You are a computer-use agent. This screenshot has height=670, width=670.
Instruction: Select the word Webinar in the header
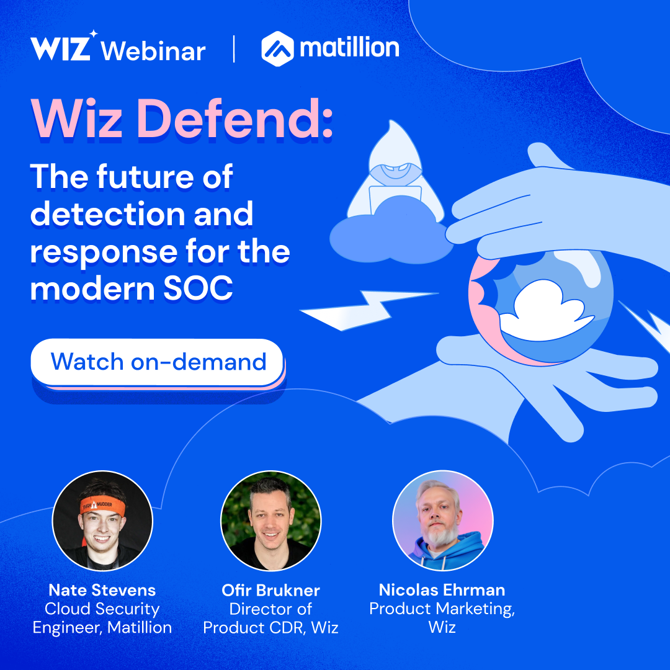(x=153, y=50)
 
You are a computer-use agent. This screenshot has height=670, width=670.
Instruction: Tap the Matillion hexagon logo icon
(x=277, y=49)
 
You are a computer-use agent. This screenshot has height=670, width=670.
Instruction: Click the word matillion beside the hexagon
(x=349, y=48)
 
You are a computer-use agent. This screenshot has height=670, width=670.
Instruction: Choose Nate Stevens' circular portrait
(x=102, y=520)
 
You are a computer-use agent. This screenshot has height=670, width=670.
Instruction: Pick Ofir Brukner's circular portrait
(x=271, y=520)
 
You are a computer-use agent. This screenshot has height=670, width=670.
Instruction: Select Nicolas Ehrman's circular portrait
(x=442, y=520)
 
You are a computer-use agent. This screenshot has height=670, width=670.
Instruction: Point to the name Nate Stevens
(x=102, y=589)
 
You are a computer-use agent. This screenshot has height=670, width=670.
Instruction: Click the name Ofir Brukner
(x=271, y=589)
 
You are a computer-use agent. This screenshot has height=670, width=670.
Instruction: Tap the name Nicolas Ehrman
(x=442, y=589)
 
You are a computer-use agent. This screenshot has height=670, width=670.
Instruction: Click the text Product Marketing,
(x=442, y=609)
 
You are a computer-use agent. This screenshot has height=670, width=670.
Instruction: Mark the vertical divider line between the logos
(x=234, y=49)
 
